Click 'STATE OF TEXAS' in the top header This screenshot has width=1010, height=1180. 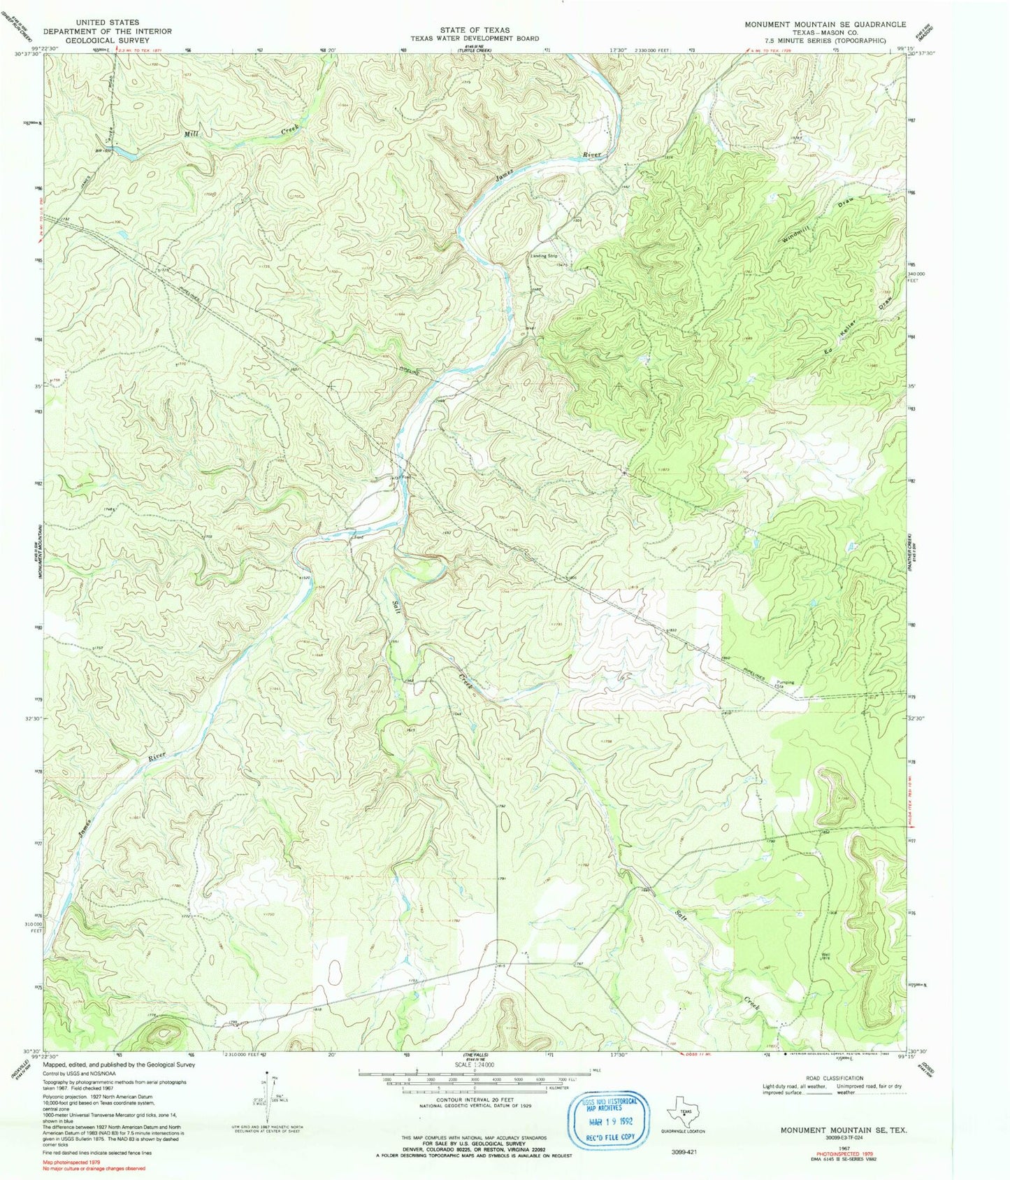[x=475, y=30]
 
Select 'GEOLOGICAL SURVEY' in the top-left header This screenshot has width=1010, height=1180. [x=108, y=41]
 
